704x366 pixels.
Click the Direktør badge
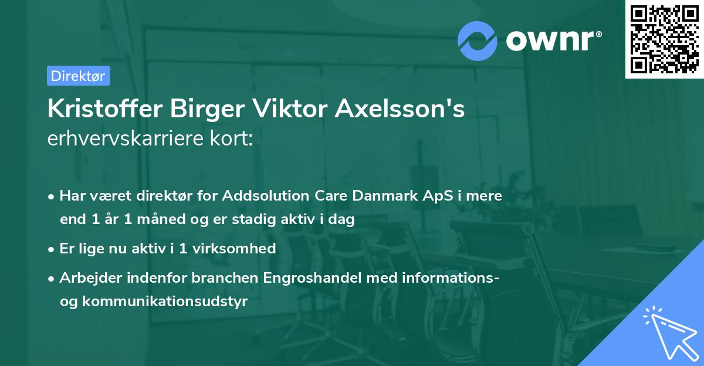(78, 76)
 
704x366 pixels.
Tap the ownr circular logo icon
(478, 40)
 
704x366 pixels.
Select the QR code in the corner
(664, 39)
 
